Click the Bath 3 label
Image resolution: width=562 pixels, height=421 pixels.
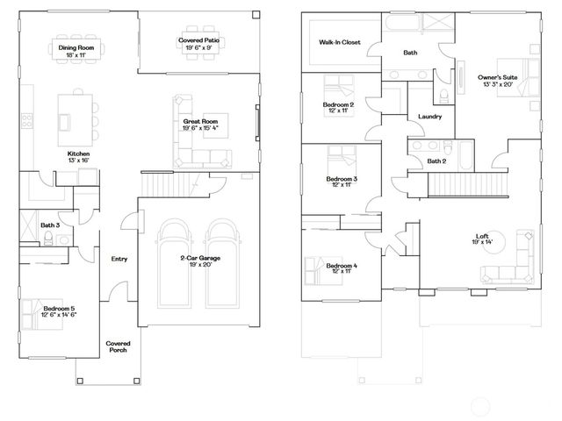click(49, 226)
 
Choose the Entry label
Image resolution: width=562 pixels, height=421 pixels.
click(119, 259)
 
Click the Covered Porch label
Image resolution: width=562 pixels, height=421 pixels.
click(118, 346)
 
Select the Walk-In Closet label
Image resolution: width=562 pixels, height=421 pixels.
click(339, 41)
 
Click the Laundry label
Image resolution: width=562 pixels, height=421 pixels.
click(429, 116)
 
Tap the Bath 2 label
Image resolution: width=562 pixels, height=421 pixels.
click(436, 161)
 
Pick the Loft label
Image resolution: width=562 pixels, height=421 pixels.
click(482, 237)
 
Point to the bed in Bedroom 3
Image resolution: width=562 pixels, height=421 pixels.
click(340, 160)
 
